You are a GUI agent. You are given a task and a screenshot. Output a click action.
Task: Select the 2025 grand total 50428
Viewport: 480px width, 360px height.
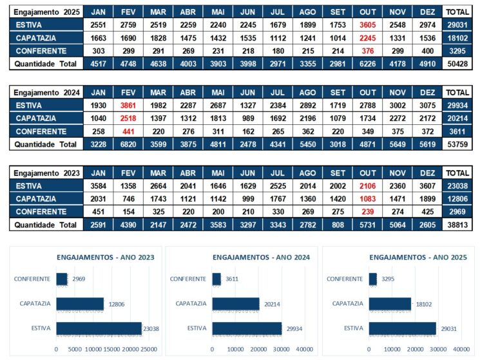point(457,64)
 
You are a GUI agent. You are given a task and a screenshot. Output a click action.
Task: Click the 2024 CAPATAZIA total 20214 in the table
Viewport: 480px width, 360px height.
point(457,118)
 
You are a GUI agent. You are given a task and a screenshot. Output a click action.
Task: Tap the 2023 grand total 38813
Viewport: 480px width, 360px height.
point(457,225)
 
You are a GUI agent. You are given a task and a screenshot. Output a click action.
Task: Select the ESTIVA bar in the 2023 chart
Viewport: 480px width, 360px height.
point(98,328)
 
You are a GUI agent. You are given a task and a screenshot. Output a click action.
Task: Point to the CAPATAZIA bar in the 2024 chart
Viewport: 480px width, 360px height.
point(235,304)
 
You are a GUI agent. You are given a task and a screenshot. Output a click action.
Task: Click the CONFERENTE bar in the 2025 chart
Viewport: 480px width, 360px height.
point(372,279)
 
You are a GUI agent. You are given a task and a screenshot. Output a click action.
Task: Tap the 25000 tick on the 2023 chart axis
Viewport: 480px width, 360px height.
point(149,349)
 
